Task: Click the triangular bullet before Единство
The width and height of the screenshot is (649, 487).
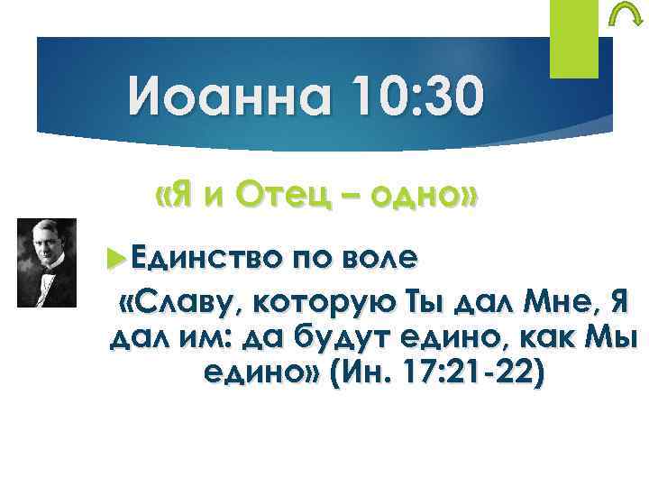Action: (x=113, y=260)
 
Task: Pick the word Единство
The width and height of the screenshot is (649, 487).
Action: (x=191, y=260)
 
